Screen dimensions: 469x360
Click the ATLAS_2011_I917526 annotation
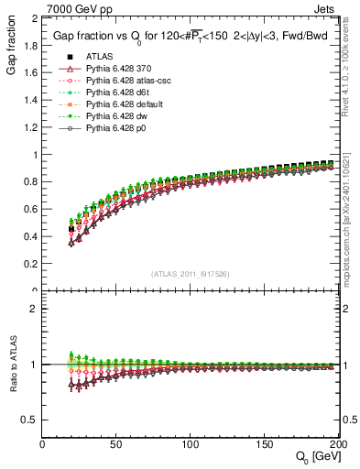click(x=190, y=272)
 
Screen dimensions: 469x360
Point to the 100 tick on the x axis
click(x=191, y=444)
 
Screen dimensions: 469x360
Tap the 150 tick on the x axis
click(x=264, y=444)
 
